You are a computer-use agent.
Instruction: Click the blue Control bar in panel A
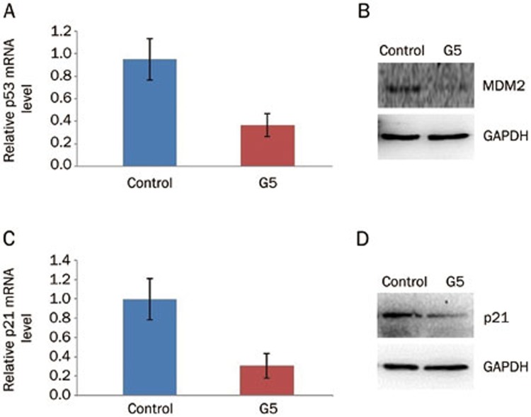(151, 113)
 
